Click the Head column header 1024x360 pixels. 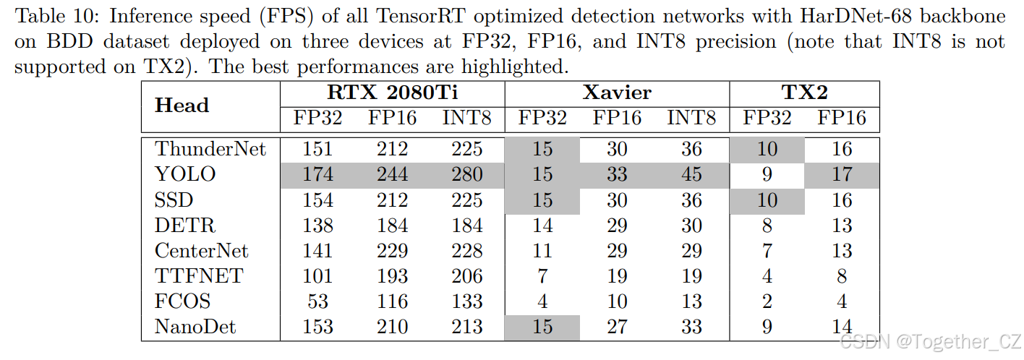point(182,106)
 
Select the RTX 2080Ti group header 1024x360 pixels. point(392,93)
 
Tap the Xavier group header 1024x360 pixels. point(617,93)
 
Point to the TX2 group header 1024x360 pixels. point(804,93)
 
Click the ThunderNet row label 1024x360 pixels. point(210,149)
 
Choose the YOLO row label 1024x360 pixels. point(185,174)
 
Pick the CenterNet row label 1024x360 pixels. point(201,250)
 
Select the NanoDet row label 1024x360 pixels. point(195,327)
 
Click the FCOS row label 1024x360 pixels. point(182,301)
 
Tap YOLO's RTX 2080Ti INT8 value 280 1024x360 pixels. point(466,174)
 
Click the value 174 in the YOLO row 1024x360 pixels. point(317,174)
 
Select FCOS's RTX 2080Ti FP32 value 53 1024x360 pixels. point(317,301)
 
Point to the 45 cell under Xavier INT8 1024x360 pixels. point(691,174)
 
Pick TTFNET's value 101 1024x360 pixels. point(317,276)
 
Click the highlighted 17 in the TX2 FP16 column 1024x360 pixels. point(842,174)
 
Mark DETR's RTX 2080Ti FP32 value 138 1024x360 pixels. point(317,226)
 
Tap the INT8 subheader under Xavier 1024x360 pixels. point(691,118)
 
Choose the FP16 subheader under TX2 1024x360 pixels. point(842,118)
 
